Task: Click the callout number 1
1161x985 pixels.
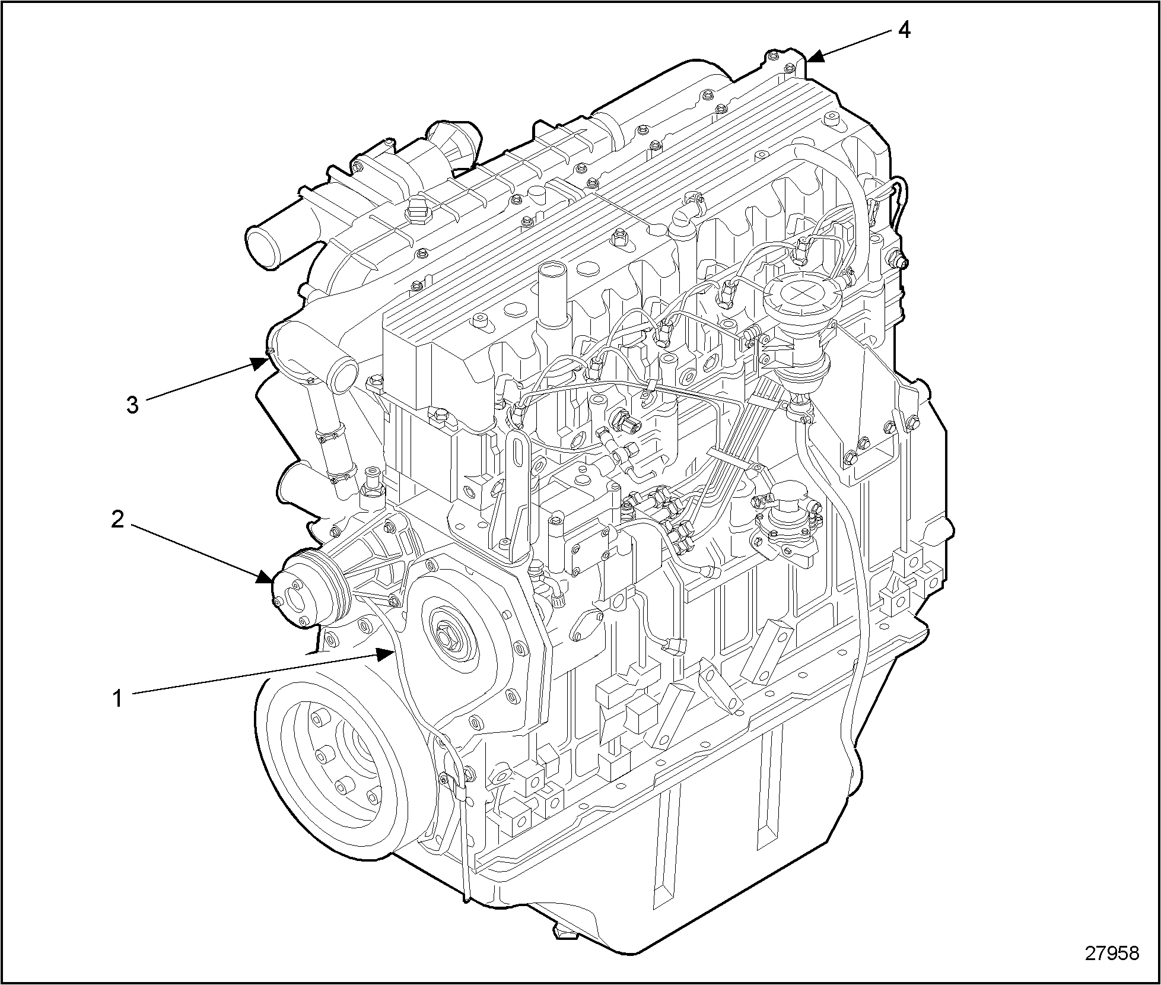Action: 118,698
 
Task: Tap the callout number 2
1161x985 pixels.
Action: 117,520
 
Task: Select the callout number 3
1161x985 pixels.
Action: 132,405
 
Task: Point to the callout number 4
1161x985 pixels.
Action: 904,29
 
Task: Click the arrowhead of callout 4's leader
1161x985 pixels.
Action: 815,56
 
